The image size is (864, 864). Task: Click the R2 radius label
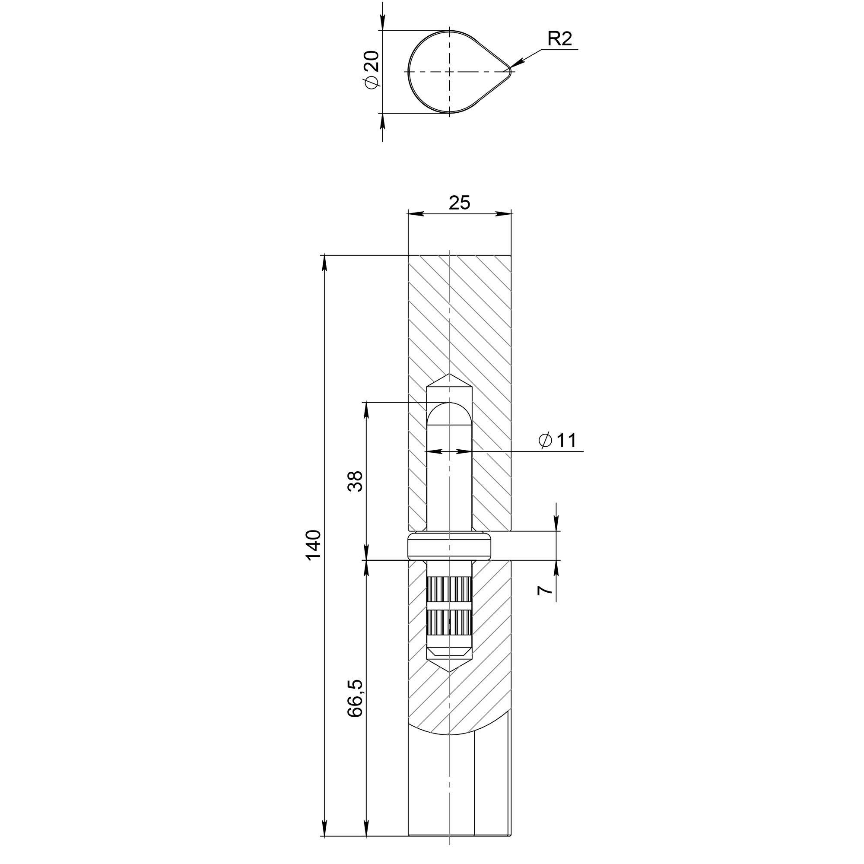click(x=560, y=39)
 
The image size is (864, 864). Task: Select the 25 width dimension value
click(x=460, y=203)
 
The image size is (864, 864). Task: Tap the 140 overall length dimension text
click(x=314, y=545)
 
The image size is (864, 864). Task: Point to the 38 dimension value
click(x=356, y=481)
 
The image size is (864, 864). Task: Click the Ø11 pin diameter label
click(x=558, y=441)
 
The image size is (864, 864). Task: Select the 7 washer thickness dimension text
click(x=545, y=590)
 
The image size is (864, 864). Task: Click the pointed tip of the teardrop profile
click(x=510, y=72)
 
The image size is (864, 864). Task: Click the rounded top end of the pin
click(x=449, y=404)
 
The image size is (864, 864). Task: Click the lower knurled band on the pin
click(x=449, y=625)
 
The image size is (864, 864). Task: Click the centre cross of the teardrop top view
click(x=449, y=72)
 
